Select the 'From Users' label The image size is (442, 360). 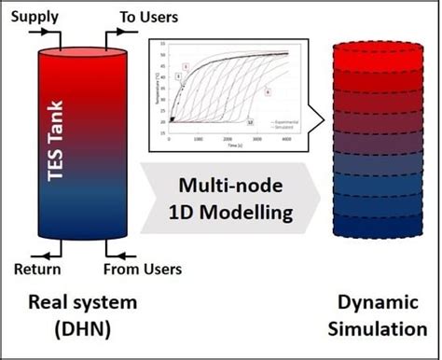[x=142, y=270]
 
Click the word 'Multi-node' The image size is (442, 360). [x=238, y=186]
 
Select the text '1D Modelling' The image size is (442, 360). [x=238, y=212]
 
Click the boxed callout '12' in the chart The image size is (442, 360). [x=248, y=122]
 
